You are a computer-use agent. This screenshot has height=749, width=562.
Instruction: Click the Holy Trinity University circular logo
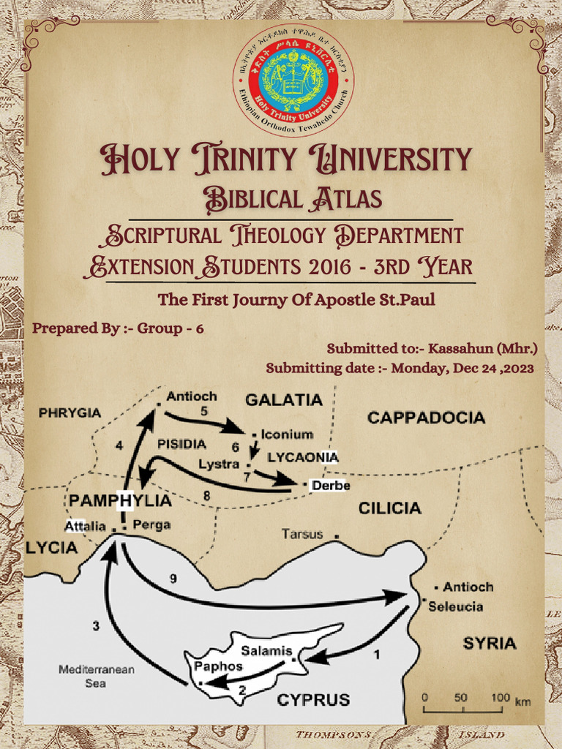point(293,80)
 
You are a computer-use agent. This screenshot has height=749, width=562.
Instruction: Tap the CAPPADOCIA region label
point(426,418)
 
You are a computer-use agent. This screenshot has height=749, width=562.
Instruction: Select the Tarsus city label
point(302,534)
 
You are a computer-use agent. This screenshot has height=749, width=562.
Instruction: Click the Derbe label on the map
point(331,486)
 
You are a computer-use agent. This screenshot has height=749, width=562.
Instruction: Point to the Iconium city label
point(287,434)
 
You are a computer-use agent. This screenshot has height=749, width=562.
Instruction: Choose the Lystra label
point(219,464)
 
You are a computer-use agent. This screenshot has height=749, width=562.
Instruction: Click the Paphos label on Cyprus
point(218,667)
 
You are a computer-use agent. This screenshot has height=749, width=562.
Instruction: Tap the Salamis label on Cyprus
point(266,651)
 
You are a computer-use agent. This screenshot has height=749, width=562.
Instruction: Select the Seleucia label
point(455,606)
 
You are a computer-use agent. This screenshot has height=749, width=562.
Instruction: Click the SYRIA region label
point(490,644)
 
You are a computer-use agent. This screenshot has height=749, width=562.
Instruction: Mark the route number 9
point(173,579)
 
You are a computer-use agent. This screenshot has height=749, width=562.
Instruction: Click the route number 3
point(96,625)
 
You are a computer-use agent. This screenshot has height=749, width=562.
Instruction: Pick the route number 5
point(204,411)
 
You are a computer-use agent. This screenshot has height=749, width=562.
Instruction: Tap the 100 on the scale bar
point(501,697)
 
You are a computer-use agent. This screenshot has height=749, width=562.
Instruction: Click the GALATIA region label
point(283,400)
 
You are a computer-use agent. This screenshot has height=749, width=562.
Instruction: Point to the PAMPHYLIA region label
point(120,501)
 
